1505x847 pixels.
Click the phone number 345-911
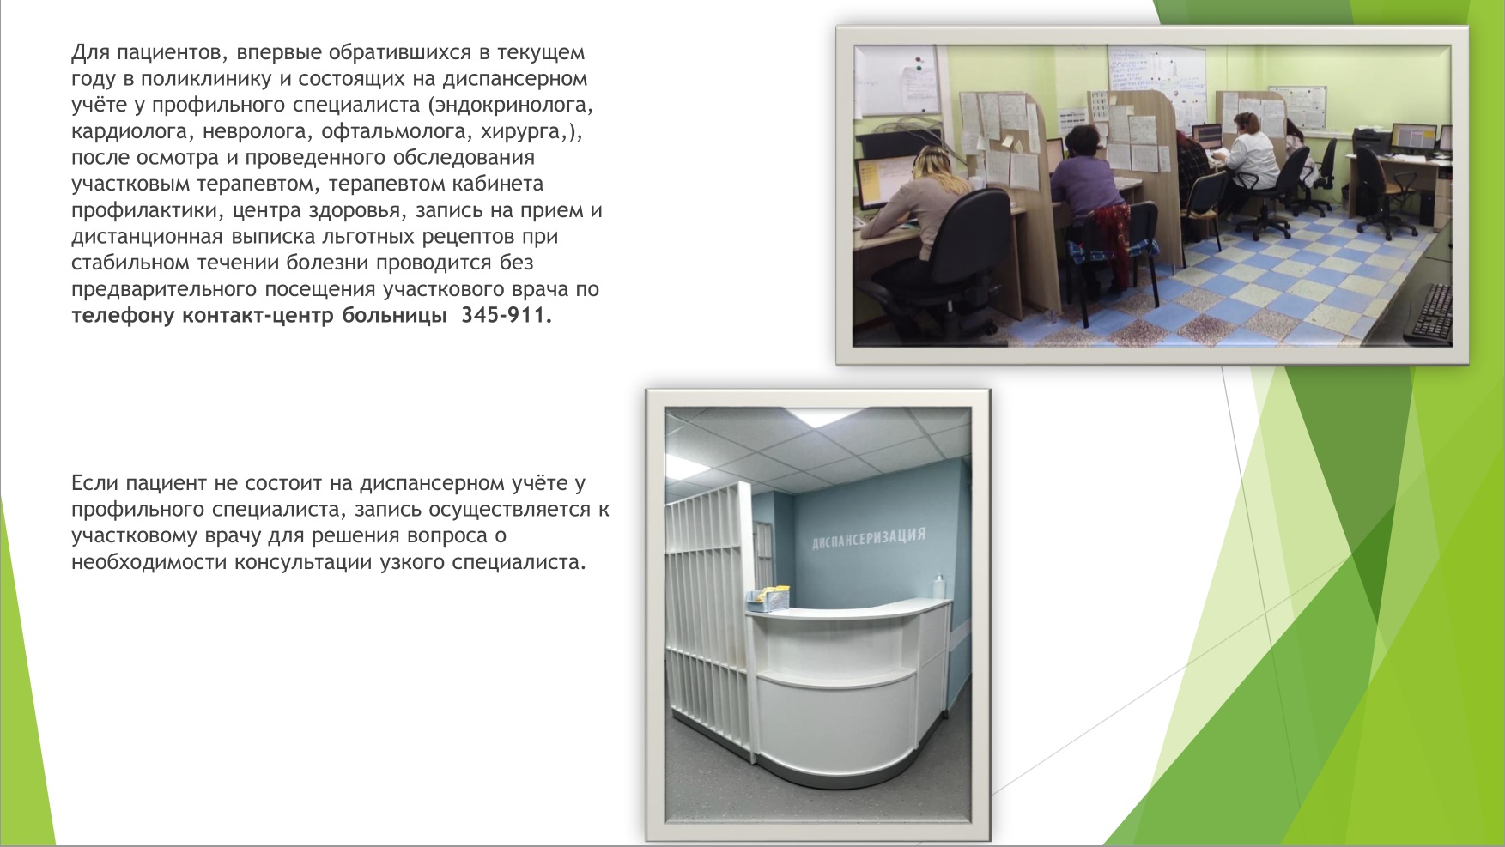(x=503, y=315)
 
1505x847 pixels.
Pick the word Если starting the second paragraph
(x=92, y=483)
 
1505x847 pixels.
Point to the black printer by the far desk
(x=1370, y=140)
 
